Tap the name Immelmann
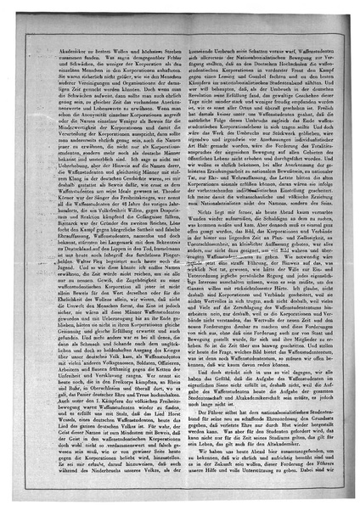pyautogui.click(x=169, y=244)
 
